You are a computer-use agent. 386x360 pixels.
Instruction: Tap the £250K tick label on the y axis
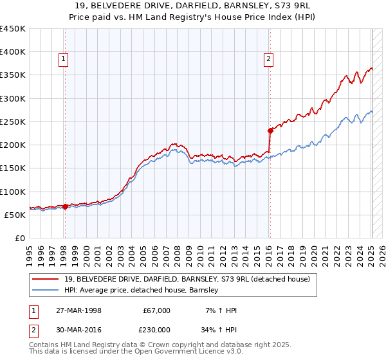coord(13,122)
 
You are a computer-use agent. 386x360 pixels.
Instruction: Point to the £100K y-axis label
coord(13,192)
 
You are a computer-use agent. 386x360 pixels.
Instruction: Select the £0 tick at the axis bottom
coord(20,238)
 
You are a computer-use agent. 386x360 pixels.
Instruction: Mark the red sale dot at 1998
coord(65,207)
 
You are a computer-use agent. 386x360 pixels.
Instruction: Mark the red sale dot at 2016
coord(271,130)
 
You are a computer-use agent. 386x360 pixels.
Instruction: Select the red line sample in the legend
coord(46,279)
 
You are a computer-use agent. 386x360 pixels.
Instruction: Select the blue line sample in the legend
coord(46,291)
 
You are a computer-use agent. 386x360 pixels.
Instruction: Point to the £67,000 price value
coord(156,310)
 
